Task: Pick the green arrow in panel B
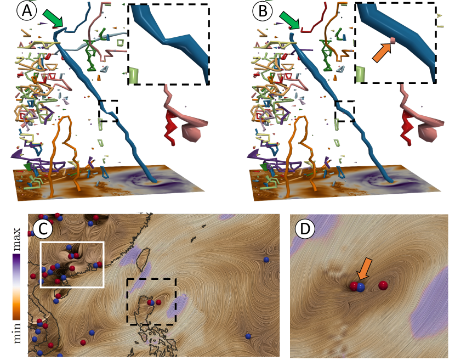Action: (289, 21)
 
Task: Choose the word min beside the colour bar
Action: (16, 331)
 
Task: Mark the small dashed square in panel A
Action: (108, 110)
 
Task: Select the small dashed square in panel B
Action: (345, 110)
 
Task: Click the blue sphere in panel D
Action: (361, 287)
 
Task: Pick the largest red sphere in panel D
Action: (383, 284)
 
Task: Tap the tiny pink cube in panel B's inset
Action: (393, 40)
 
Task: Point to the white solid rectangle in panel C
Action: (72, 264)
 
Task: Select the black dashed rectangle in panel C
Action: (151, 301)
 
